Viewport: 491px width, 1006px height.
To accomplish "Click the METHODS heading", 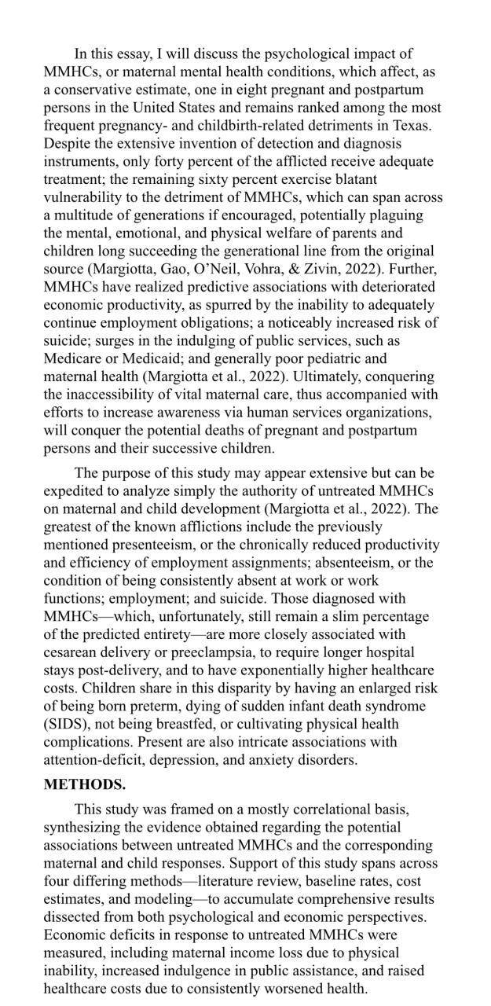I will [85, 784].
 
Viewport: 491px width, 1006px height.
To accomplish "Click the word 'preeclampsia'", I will [208, 652].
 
